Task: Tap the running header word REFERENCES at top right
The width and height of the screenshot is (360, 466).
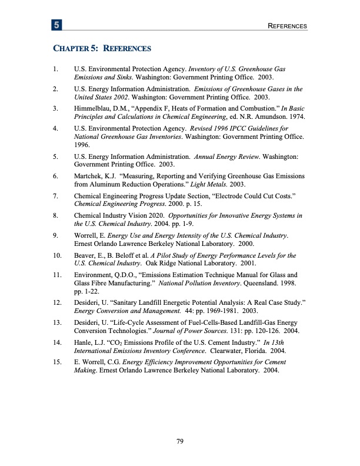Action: pos(286,26)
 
